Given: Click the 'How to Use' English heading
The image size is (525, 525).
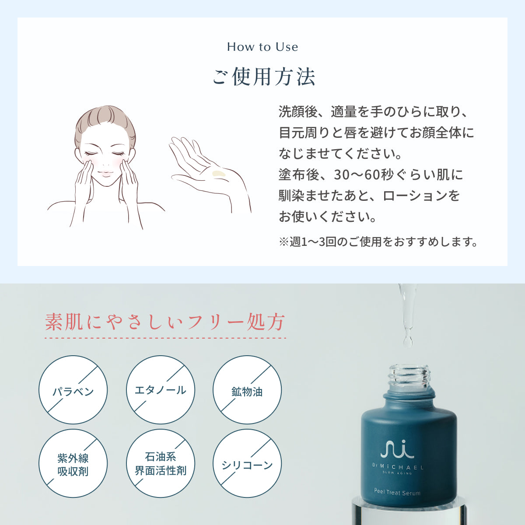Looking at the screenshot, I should click(x=262, y=47).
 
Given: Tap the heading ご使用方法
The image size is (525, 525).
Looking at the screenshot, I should click(x=263, y=77).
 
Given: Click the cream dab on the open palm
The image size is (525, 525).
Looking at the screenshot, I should click(x=218, y=174).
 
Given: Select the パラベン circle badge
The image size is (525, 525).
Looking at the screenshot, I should click(x=73, y=390).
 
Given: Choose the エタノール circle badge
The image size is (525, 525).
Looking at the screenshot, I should click(x=160, y=390).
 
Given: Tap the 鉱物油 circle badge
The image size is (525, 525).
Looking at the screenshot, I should click(x=247, y=390).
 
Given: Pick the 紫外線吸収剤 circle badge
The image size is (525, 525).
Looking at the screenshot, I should click(x=73, y=464).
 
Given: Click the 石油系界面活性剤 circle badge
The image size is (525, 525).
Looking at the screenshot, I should click(x=160, y=464).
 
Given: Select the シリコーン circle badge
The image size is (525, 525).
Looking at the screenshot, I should click(x=247, y=464).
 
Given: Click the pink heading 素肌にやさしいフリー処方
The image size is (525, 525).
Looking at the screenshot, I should click(x=165, y=322).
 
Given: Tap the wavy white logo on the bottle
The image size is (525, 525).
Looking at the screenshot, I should click(x=397, y=448).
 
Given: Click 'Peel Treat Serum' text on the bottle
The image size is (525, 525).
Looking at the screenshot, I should click(x=397, y=492).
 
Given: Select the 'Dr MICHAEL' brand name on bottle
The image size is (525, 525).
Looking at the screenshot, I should click(x=398, y=467).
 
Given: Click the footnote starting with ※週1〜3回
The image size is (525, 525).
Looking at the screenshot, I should click(x=378, y=241).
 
